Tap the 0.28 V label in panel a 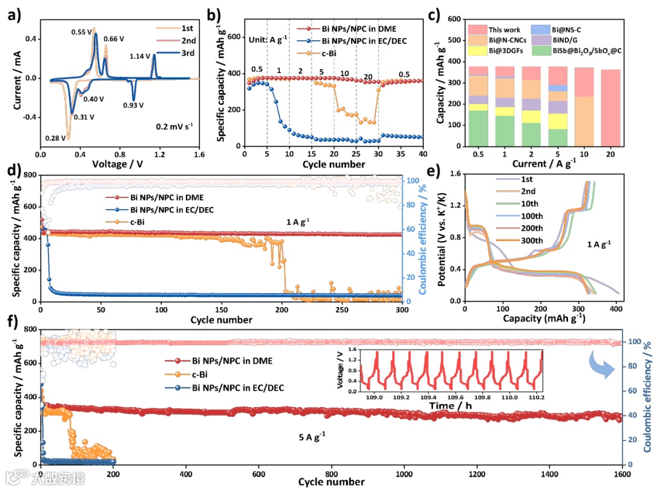(x=56, y=138)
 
